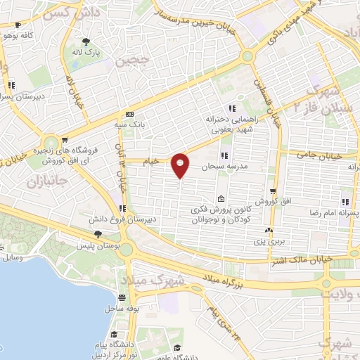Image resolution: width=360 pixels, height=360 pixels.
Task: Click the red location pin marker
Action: (x=181, y=165)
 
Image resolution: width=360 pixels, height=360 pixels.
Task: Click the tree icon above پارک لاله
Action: (x=86, y=41)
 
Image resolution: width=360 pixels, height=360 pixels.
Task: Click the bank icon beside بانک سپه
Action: (x=129, y=114)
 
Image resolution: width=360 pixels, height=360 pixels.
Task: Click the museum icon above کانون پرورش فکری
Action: (x=221, y=198)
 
